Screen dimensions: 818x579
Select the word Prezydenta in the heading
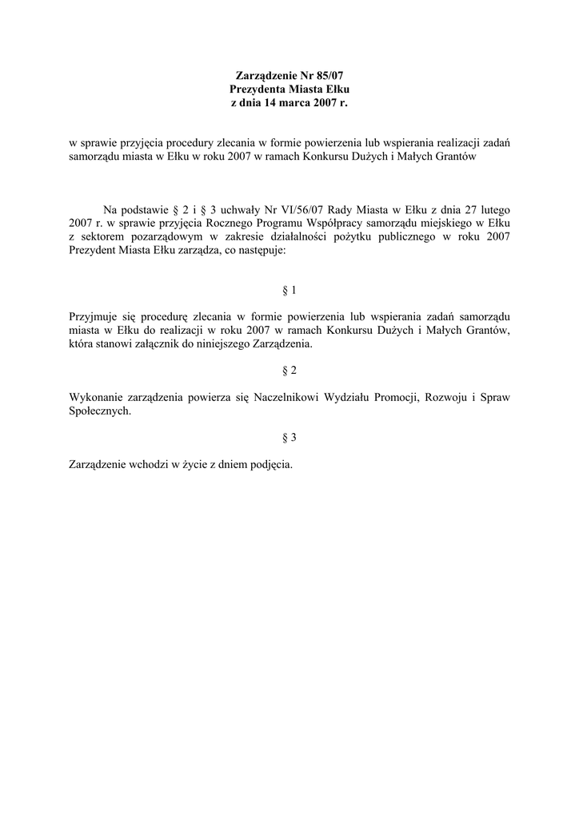tap(257, 89)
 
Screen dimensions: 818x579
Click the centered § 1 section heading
tap(289, 290)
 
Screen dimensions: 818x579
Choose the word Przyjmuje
tap(95, 317)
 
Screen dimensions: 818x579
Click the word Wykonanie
tap(96, 397)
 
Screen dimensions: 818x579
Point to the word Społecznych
tap(99, 411)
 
